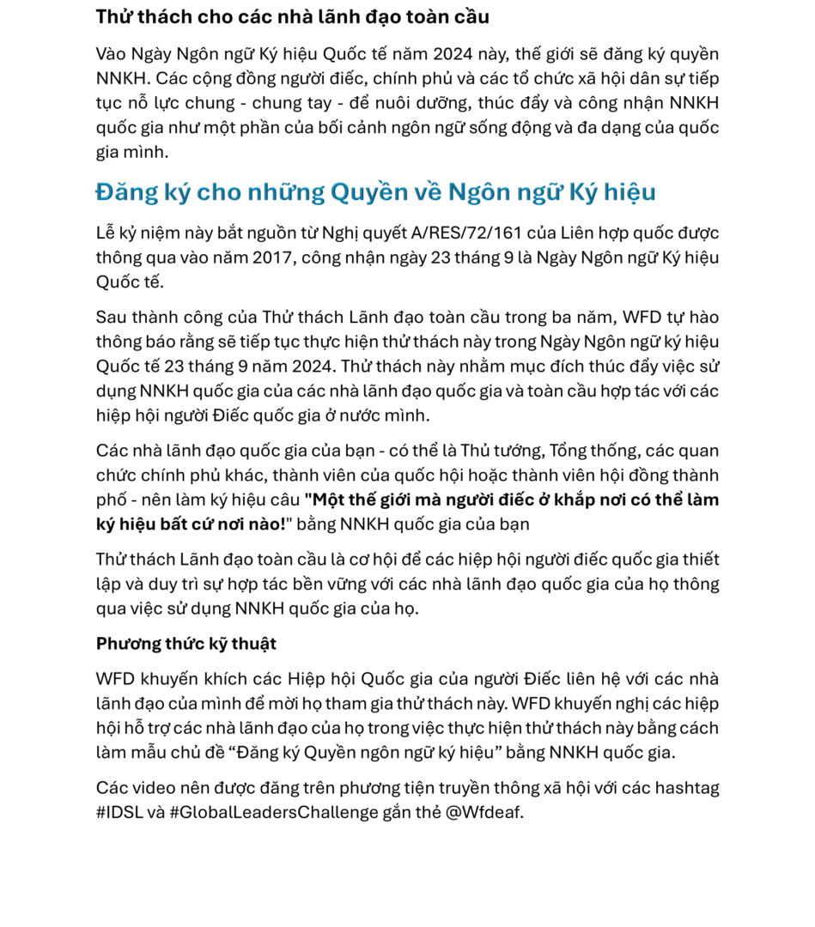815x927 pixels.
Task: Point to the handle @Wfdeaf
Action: [x=484, y=812]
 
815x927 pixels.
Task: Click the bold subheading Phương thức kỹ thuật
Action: [x=186, y=644]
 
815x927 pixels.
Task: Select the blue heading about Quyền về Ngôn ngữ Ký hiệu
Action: [x=375, y=191]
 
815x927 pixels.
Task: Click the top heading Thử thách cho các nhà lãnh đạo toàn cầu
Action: [x=292, y=16]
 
